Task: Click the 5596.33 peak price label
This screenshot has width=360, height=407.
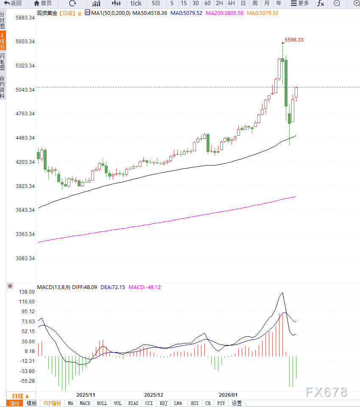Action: (x=294, y=40)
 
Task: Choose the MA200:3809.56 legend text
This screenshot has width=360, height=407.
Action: (x=224, y=13)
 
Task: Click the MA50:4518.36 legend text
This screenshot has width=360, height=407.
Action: (x=150, y=13)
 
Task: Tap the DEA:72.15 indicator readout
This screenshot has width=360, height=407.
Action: (x=113, y=287)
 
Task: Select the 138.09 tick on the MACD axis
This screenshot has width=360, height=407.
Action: (x=27, y=292)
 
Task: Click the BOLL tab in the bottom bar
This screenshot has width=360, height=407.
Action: (x=102, y=403)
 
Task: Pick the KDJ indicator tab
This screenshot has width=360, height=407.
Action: (x=164, y=403)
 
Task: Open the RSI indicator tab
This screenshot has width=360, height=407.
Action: (x=195, y=403)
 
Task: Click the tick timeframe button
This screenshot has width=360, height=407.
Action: (x=136, y=3)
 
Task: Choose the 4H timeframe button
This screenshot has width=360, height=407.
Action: (x=231, y=3)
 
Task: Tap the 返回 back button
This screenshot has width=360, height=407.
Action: (x=13, y=3)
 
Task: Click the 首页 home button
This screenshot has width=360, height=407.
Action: (x=43, y=3)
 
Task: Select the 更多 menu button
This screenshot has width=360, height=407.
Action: (x=300, y=3)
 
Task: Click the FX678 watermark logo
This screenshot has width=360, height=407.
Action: (x=327, y=391)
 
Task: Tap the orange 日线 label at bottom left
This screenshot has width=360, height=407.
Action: (x=20, y=396)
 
